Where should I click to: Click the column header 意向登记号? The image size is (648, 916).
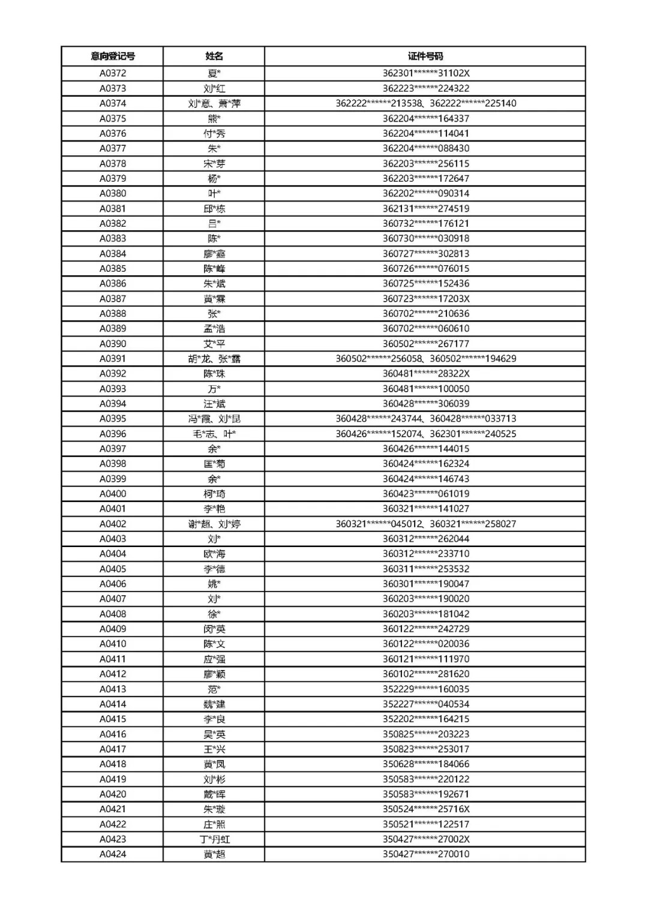pos(113,56)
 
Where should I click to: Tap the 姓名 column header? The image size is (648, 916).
pos(214,56)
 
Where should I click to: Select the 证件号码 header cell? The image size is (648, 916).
pos(425,56)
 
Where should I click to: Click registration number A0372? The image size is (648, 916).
pos(113,73)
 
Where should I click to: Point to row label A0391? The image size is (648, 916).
pos(113,359)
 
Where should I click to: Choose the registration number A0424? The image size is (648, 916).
pos(113,854)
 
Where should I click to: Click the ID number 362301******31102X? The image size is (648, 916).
pos(426,73)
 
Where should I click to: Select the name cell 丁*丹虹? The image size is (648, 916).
pos(214,839)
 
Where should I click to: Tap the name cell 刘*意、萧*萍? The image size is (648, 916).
pos(214,103)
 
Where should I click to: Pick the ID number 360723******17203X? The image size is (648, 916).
pos(426,299)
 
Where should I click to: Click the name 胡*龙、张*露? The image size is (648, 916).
pos(214,359)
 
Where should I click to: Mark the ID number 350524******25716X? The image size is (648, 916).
pos(426,809)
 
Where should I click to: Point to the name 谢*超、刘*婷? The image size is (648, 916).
pos(214,524)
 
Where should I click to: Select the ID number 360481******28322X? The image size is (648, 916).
pos(426,374)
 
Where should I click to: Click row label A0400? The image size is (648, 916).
pos(113,494)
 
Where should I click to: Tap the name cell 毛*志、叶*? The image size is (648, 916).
pos(214,434)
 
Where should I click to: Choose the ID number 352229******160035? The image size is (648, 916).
pos(426,689)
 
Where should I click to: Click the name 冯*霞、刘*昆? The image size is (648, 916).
pos(214,419)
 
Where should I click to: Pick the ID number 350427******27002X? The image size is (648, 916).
pos(426,839)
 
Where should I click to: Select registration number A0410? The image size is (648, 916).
pos(113,644)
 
